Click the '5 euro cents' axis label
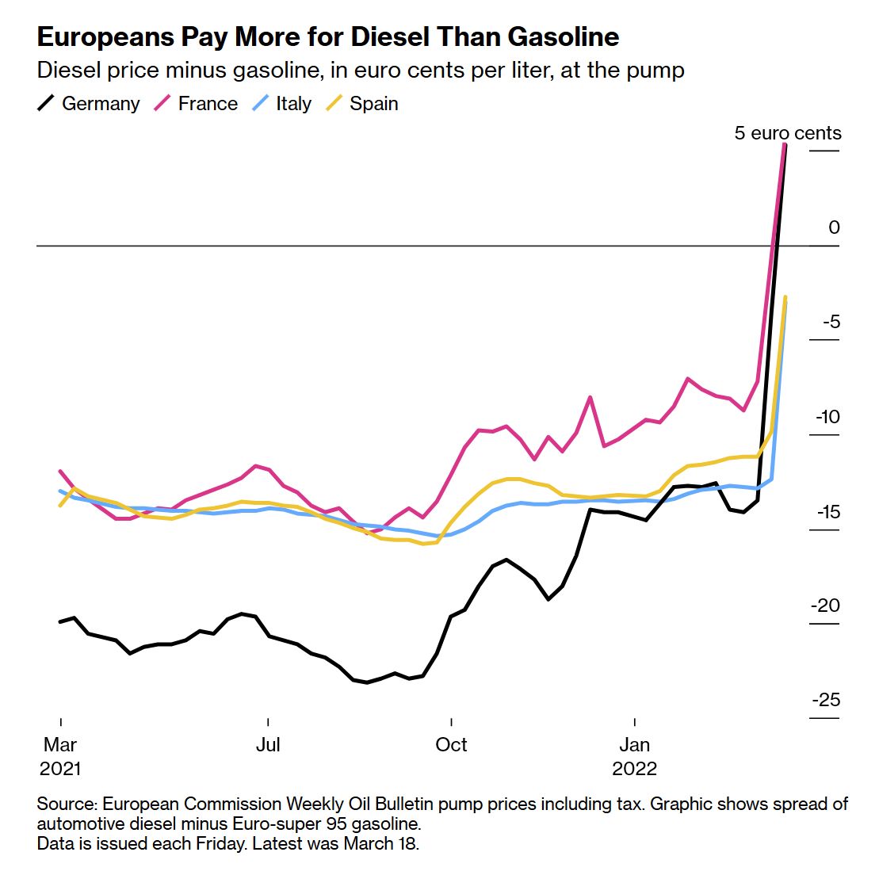point(788,133)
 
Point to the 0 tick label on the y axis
point(834,227)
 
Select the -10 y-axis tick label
point(826,417)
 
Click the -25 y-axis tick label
point(826,700)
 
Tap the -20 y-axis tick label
point(826,606)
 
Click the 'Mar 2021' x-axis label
point(60,756)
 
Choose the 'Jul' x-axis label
point(268,745)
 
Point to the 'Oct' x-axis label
point(451,745)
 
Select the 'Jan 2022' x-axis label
point(635,756)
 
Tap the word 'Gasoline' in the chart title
point(564,37)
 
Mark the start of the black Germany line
point(61,621)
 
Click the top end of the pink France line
point(785,145)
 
